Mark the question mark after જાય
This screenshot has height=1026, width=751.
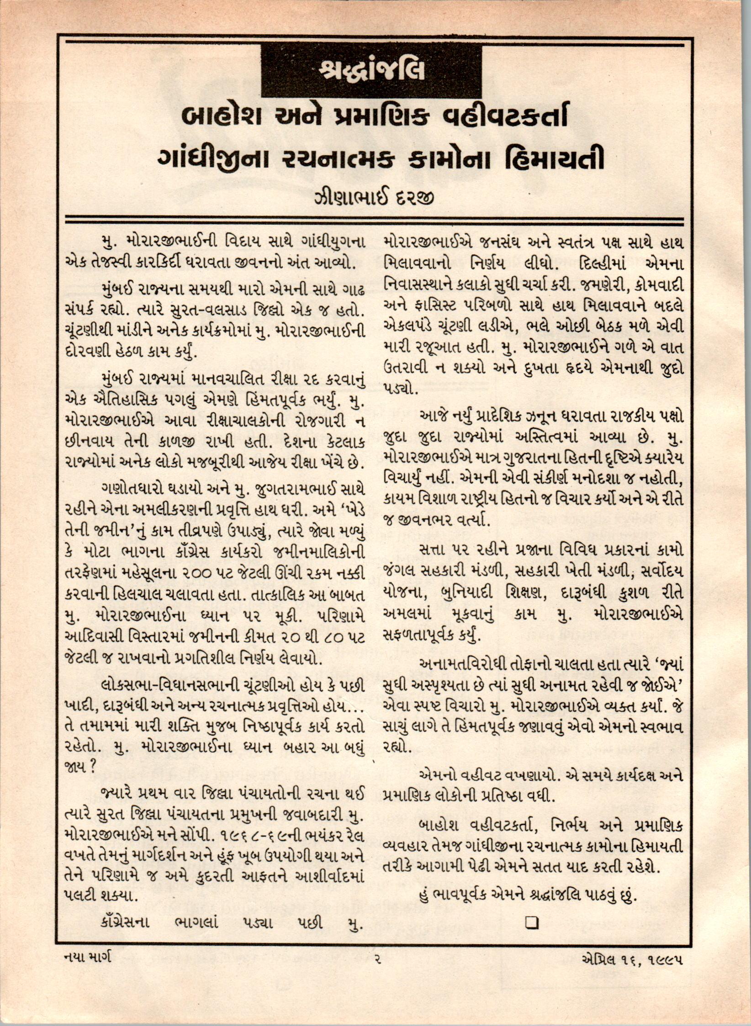click(92, 768)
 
